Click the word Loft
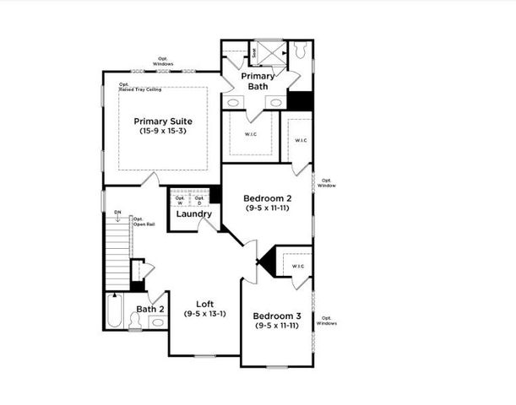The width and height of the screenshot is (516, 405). click(x=204, y=304)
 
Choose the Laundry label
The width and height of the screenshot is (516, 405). click(x=193, y=214)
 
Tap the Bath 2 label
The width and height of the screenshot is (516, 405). click(x=150, y=309)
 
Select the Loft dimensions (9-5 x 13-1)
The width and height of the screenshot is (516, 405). click(x=204, y=314)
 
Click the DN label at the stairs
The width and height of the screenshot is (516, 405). click(x=117, y=214)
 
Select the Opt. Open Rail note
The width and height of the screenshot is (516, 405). click(x=144, y=222)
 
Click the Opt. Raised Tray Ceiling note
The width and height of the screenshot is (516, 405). click(x=139, y=87)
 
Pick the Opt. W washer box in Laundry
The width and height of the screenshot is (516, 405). click(x=179, y=200)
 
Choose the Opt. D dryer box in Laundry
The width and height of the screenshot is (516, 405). click(x=199, y=200)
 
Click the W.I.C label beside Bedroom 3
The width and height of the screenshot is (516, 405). click(x=297, y=266)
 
